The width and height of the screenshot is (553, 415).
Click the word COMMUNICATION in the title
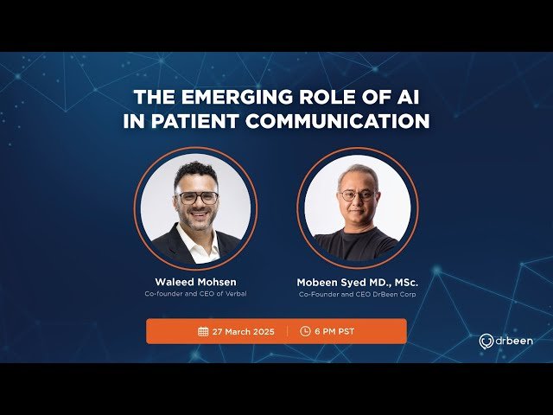pyautogui.click(x=338, y=121)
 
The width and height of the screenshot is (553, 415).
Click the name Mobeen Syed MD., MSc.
pyautogui.click(x=357, y=281)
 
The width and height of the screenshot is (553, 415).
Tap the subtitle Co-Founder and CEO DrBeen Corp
pyautogui.click(x=357, y=294)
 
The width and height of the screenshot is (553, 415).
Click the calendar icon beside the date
pyautogui.click(x=203, y=331)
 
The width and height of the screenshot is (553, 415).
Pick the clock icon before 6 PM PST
pyautogui.click(x=305, y=331)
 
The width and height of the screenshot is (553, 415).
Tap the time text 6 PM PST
pyautogui.click(x=335, y=331)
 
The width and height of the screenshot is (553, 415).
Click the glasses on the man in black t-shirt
pyautogui.click(x=358, y=195)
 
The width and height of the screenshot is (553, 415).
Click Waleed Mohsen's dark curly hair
pyautogui.click(x=195, y=172)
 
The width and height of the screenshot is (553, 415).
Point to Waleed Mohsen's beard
pyautogui.click(x=197, y=220)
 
